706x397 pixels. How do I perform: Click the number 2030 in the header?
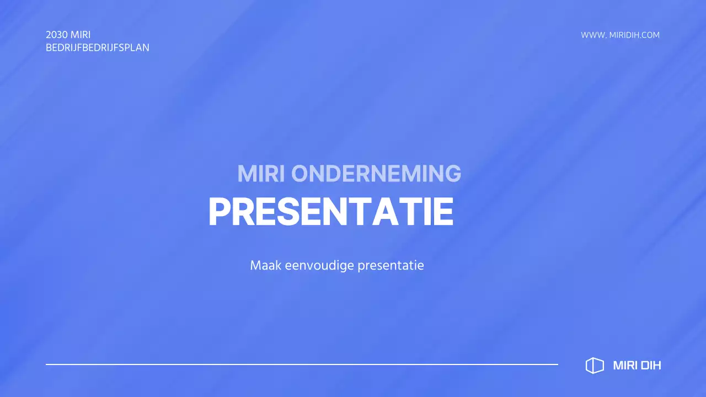coord(57,35)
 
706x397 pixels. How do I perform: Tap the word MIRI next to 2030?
coord(81,35)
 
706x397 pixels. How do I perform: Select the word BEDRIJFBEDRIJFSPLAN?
coord(98,47)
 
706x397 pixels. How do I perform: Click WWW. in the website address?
coord(593,35)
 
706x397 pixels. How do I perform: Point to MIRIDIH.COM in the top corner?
coord(634,35)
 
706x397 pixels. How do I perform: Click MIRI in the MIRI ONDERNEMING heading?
coord(261,174)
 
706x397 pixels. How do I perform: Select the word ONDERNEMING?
coord(376,174)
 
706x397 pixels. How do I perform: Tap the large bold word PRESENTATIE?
coord(331,212)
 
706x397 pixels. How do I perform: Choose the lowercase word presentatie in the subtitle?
coord(391,265)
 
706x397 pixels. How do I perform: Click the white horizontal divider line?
coord(302,364)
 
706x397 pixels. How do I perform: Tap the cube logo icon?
coord(595,365)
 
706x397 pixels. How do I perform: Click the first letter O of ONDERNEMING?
coord(301,174)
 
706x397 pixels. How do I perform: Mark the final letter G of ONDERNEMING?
coord(452,174)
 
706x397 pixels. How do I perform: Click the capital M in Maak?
coord(255,265)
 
